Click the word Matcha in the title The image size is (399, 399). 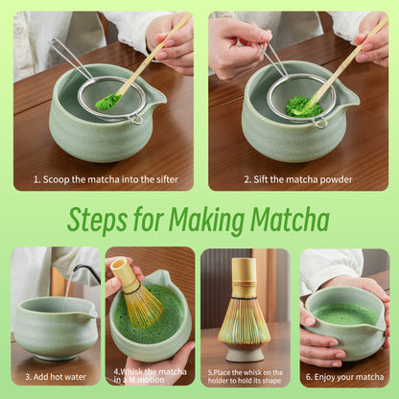pos(281,220)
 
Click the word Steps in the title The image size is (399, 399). pos(102,220)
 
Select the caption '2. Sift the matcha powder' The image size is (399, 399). pos(297,179)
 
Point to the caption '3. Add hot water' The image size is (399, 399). pos(55,377)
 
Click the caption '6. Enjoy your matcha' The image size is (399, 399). pos(344,377)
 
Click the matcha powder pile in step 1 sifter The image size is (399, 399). pos(108,100)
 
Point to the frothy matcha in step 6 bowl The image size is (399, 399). pos(345,313)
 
